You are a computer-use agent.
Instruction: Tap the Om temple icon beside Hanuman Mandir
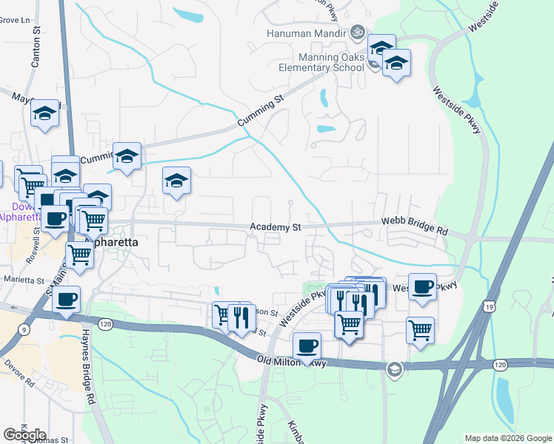click(x=358, y=33)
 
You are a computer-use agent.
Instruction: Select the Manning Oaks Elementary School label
click(x=332, y=62)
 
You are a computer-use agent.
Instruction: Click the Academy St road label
click(x=275, y=228)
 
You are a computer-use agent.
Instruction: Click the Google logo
click(x=24, y=435)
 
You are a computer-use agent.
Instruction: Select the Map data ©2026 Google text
click(x=507, y=438)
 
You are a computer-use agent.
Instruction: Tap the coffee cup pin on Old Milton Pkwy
click(x=307, y=345)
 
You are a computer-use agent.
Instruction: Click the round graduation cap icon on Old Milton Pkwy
click(x=395, y=369)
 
